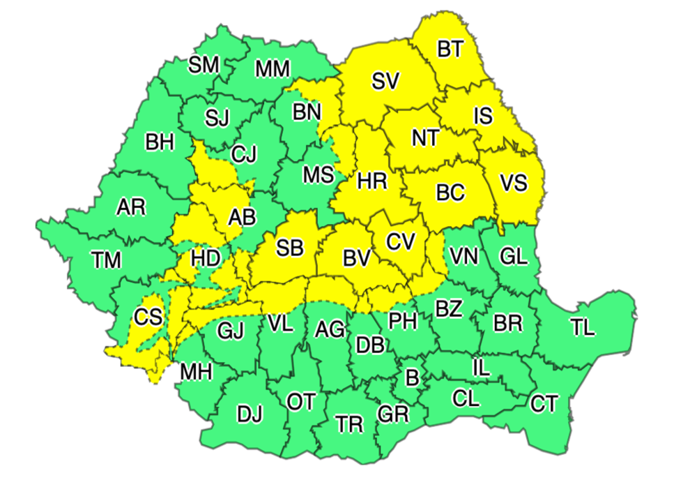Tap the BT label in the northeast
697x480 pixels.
click(x=450, y=49)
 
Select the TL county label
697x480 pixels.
click(x=583, y=328)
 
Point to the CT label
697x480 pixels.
click(x=544, y=403)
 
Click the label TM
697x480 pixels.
click(x=106, y=260)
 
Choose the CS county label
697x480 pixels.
click(x=148, y=317)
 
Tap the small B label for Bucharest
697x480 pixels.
click(x=412, y=379)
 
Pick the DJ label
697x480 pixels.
click(x=250, y=414)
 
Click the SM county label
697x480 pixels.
click(x=204, y=65)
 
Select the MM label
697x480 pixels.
click(x=273, y=69)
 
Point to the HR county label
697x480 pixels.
click(x=372, y=182)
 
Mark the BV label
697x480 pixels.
click(x=356, y=258)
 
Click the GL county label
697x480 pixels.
click(x=514, y=257)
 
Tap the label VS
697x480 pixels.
click(x=514, y=183)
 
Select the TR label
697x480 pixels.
click(x=348, y=423)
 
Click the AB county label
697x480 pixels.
click(x=242, y=218)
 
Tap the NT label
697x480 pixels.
click(x=425, y=137)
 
